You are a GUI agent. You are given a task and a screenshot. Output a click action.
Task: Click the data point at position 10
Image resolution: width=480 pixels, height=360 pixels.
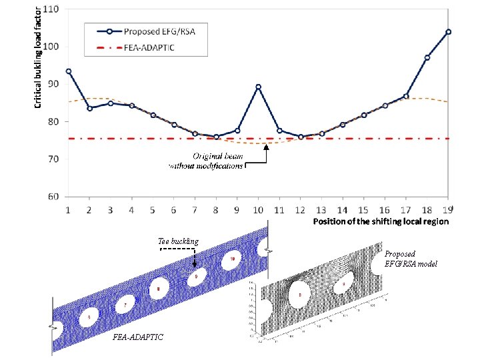(x=258, y=87)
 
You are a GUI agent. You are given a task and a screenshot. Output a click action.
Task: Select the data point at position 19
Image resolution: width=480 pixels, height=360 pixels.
(x=448, y=31)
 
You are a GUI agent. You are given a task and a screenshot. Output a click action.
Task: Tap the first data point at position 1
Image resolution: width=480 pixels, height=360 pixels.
(x=69, y=71)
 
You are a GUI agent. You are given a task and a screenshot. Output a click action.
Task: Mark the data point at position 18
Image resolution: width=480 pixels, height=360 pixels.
(x=427, y=57)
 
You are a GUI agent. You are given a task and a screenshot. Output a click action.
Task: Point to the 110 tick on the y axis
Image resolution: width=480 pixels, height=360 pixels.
(x=51, y=9)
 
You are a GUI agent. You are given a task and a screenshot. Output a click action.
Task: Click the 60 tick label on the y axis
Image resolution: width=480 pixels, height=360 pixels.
(x=52, y=197)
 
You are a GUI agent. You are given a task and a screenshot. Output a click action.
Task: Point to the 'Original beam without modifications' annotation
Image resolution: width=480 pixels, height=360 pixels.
(x=209, y=161)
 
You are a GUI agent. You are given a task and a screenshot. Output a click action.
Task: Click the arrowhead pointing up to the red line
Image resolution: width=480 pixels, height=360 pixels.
(x=265, y=149)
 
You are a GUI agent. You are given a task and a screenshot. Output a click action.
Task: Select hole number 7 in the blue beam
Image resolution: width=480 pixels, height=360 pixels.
(x=124, y=306)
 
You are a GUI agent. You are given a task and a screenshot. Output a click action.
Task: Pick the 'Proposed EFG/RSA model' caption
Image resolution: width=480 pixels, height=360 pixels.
(x=411, y=259)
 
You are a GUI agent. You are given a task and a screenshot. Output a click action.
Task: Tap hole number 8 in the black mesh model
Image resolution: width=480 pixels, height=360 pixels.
(x=301, y=294)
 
